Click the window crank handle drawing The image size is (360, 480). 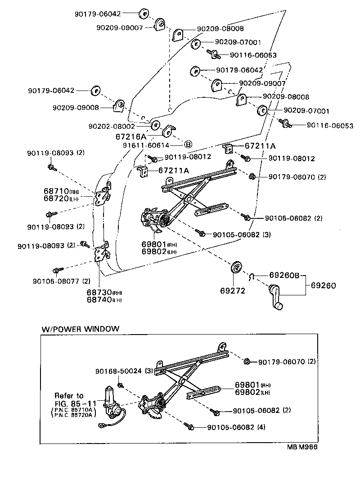click(x=275, y=298)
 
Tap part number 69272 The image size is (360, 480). click(x=233, y=291)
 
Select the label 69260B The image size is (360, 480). click(x=284, y=275)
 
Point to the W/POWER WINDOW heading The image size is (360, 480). click(x=81, y=329)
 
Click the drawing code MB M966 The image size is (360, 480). click(x=306, y=448)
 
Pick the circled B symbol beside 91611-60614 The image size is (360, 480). click(x=188, y=144)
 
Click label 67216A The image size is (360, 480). click(x=131, y=136)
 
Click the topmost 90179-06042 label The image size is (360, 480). click(x=98, y=14)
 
